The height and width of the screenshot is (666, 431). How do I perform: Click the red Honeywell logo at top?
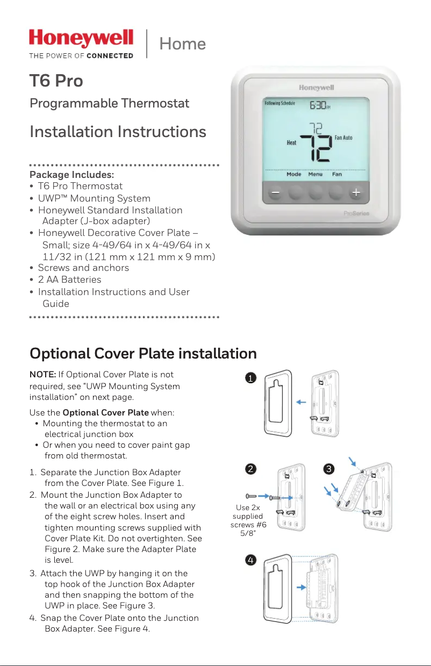tap(81, 39)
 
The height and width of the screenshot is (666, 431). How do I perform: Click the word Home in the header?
tap(182, 44)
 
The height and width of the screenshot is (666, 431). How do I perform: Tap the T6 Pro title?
tap(56, 81)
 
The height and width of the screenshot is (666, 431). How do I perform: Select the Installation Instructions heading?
tap(118, 132)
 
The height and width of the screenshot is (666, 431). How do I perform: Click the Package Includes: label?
tap(71, 175)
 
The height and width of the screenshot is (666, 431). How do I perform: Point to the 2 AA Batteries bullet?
tap(69, 280)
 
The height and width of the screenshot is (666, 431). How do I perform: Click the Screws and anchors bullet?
tap(83, 268)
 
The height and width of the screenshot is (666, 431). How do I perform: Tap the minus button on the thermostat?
tap(275, 192)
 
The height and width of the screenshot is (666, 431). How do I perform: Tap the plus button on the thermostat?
tap(356, 192)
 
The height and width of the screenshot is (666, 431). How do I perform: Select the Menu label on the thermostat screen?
tap(315, 174)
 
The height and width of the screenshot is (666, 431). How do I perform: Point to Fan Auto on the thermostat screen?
tap(343, 138)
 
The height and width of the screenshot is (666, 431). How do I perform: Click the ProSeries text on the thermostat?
tap(356, 214)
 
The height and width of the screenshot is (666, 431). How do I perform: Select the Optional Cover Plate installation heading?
tap(143, 354)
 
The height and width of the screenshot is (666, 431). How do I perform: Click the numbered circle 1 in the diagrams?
tap(249, 378)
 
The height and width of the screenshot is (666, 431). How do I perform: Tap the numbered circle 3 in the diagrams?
tap(328, 469)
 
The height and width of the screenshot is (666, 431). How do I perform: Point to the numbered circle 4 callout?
tap(249, 560)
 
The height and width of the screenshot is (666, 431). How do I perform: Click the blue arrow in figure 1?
tap(301, 402)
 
